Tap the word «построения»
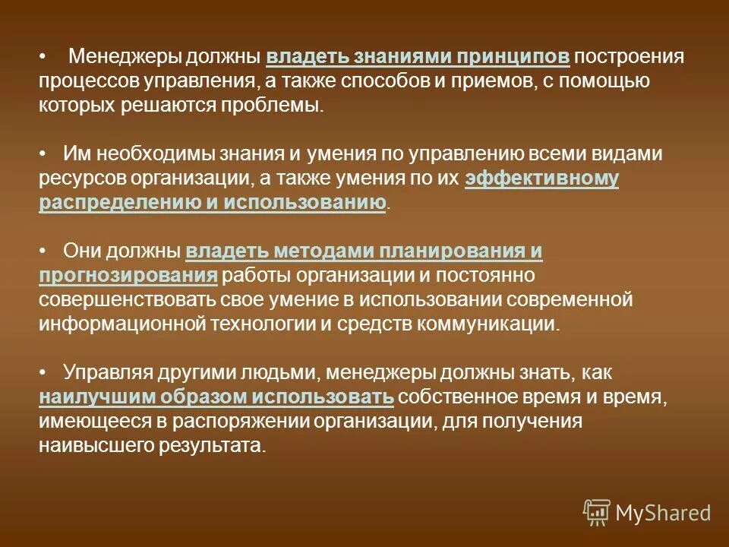tap(630, 56)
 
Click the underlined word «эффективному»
tap(541, 179)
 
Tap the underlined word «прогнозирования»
tap(128, 275)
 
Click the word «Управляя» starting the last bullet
tap(108, 372)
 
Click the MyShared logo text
tap(663, 513)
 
